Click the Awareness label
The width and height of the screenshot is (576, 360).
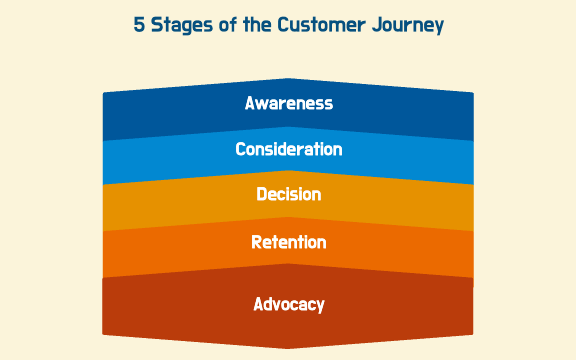coord(288,104)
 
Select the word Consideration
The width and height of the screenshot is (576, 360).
coord(288,150)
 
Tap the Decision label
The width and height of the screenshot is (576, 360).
coord(288,195)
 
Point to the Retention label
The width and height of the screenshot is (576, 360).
coord(288,242)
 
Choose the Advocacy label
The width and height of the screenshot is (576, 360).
coord(288,304)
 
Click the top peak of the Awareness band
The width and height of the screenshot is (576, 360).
coord(288,78)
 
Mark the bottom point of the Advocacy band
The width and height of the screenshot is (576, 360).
coord(288,348)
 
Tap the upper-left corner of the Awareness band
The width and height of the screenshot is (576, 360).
coord(104,94)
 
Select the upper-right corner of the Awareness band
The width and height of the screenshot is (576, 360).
coord(472,94)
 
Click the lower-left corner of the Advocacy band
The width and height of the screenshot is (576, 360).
coord(104,332)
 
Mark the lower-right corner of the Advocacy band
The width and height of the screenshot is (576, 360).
coord(472,332)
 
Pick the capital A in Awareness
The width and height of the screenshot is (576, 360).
coord(250,104)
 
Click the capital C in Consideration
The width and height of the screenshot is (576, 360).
coord(241,150)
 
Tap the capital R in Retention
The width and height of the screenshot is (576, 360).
coord(256,242)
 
